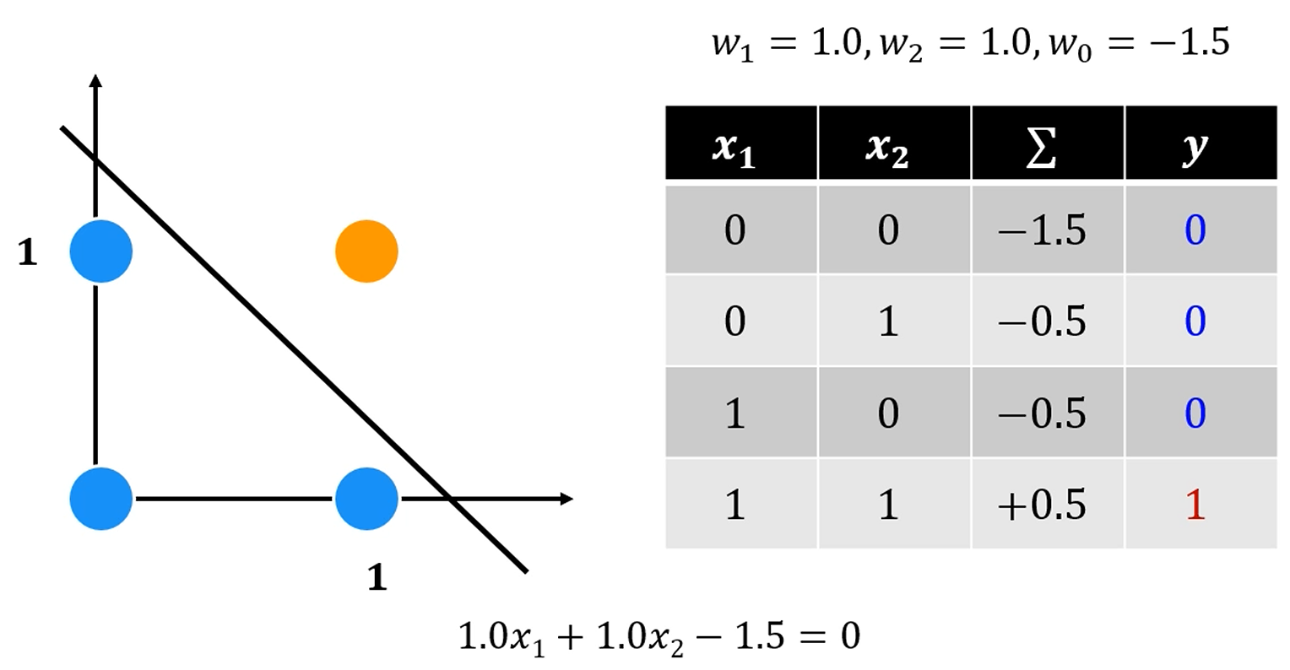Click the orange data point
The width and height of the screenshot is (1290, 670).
pos(366,251)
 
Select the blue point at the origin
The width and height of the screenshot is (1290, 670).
pos(101,499)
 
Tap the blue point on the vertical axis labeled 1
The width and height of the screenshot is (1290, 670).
pos(101,251)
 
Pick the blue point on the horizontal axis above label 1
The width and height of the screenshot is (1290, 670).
pos(366,499)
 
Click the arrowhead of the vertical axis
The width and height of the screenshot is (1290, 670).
pos(95,81)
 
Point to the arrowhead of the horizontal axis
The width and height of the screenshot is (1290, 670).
pos(566,499)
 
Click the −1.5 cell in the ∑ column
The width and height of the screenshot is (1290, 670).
pos(1041,230)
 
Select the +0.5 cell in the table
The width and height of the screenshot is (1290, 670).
pos(1041,505)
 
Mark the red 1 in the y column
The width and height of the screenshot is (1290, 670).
pos(1195,505)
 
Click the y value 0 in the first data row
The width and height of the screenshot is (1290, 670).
pos(1195,230)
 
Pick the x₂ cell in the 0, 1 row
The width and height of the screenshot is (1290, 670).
pos(887,321)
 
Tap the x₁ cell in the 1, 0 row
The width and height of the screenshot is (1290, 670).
pos(734,413)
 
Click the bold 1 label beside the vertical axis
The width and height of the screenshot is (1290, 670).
pos(28,252)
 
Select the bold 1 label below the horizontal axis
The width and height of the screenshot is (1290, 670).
pos(377,577)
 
